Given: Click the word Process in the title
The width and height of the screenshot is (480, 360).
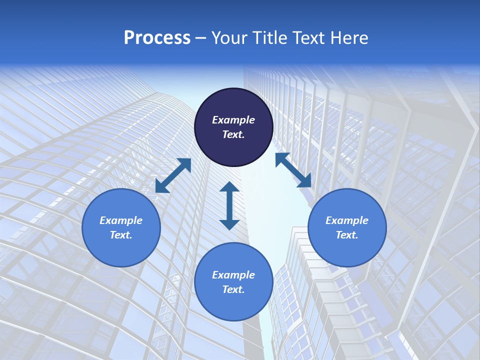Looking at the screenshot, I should pyautogui.click(x=157, y=38).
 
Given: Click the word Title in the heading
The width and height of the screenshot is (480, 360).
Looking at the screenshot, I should pyautogui.click(x=268, y=38).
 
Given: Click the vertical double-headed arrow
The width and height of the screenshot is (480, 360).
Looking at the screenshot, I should pyautogui.click(x=229, y=206).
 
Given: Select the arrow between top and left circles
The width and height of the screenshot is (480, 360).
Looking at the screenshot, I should pyautogui.click(x=173, y=175).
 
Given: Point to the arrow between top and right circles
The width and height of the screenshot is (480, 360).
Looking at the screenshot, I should pyautogui.click(x=293, y=170).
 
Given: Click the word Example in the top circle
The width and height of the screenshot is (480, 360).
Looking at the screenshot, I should pyautogui.click(x=233, y=120).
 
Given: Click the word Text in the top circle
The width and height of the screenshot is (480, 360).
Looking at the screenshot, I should pyautogui.click(x=233, y=134).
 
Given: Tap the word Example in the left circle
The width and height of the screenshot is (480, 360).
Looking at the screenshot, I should pyautogui.click(x=121, y=220).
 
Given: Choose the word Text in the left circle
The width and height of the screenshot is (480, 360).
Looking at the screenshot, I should pyautogui.click(x=120, y=235).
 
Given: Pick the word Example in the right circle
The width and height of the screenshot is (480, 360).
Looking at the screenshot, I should pyautogui.click(x=347, y=220).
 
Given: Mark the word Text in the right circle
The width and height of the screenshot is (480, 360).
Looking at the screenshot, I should pyautogui.click(x=346, y=235).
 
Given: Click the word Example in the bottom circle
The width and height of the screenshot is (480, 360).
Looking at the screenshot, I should pyautogui.click(x=233, y=275).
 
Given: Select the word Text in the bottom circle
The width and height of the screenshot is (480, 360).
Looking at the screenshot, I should pyautogui.click(x=233, y=289).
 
